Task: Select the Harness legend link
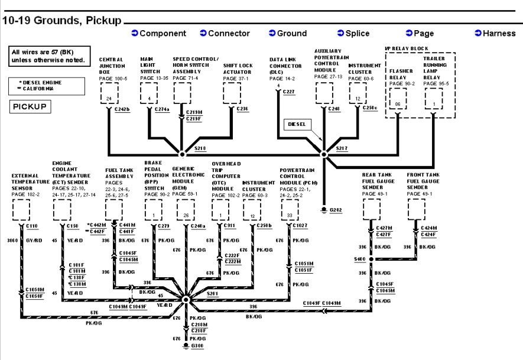pos(495,34)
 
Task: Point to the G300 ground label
pos(197,345)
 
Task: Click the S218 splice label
pos(200,148)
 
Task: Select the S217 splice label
pos(342,148)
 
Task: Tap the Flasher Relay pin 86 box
pos(398,103)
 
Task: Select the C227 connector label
pos(288,92)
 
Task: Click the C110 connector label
pos(31,226)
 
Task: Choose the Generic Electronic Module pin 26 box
pos(186,215)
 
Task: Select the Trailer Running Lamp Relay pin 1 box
pos(434,103)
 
